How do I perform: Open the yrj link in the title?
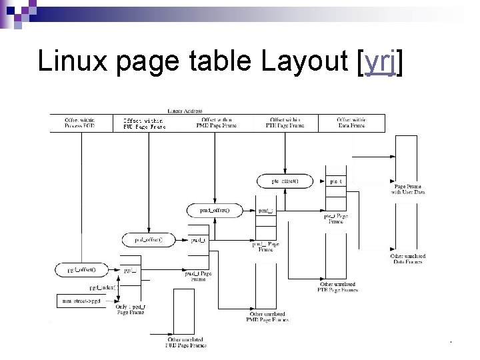click(381, 63)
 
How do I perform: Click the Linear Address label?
click(185, 111)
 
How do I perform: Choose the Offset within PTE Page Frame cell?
click(285, 123)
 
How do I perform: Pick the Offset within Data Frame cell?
click(351, 123)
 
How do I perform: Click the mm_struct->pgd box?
click(82, 301)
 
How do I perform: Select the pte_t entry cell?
click(335, 181)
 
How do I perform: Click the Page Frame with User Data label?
click(407, 189)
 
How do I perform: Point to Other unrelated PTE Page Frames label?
click(339, 287)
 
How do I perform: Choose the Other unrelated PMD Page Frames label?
click(268, 317)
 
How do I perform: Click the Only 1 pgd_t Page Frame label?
click(131, 309)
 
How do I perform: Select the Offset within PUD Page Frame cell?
click(145, 123)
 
